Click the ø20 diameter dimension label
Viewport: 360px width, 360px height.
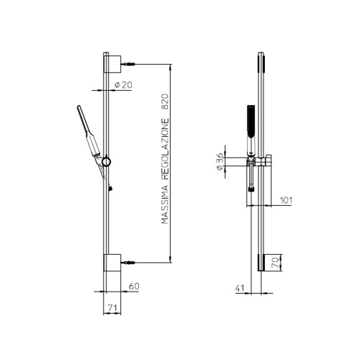coord(124,86)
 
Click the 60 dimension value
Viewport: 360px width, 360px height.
coord(132,286)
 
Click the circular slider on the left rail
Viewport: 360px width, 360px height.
coord(107,163)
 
